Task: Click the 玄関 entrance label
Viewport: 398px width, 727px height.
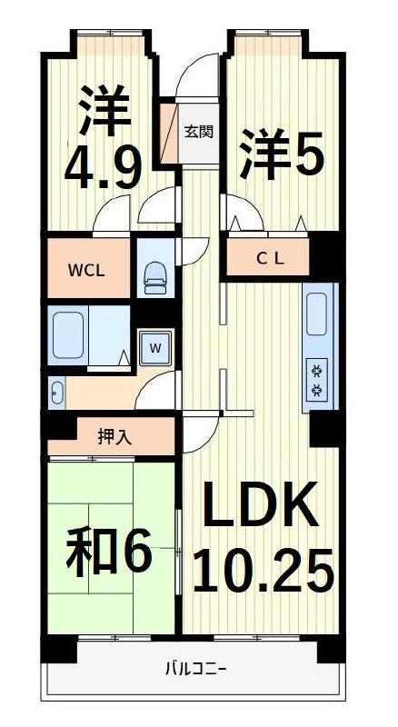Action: pyautogui.click(x=199, y=132)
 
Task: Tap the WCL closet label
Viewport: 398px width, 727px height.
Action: pyautogui.click(x=85, y=271)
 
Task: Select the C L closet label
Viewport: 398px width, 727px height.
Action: pyautogui.click(x=268, y=258)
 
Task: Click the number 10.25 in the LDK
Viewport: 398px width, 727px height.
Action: pyautogui.click(x=263, y=572)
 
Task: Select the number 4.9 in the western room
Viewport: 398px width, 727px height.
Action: pyautogui.click(x=102, y=167)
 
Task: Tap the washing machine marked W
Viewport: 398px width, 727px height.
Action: pyautogui.click(x=154, y=347)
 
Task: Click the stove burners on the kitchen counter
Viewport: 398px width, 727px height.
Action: pyautogui.click(x=319, y=380)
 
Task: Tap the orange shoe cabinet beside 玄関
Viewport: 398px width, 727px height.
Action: pyautogui.click(x=168, y=134)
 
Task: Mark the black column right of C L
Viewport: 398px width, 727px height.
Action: pyautogui.click(x=324, y=255)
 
